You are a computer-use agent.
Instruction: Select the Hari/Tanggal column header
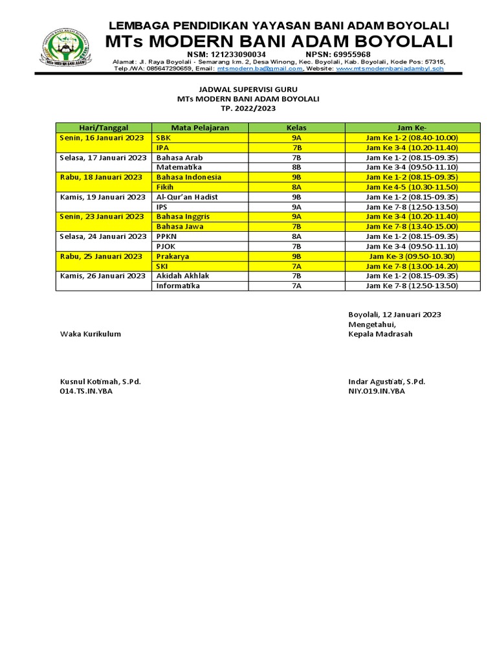(x=103, y=128)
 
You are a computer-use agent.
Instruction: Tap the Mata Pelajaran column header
(x=200, y=128)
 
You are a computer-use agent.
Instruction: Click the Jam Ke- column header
(x=412, y=128)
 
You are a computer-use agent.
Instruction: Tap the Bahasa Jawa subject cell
(x=181, y=227)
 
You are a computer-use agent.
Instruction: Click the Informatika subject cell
(x=179, y=286)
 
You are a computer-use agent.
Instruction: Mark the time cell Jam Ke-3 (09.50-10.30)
(x=412, y=256)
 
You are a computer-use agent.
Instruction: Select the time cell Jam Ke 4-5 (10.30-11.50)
(x=412, y=187)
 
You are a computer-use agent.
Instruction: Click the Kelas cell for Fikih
(x=297, y=187)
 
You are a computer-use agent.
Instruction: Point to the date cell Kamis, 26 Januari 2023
(x=102, y=276)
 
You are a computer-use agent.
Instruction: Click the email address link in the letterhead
(x=260, y=69)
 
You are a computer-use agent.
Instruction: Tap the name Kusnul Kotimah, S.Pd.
(x=100, y=382)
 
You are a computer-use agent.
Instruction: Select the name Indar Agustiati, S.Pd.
(x=386, y=382)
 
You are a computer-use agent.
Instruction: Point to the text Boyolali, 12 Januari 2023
(x=394, y=314)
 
